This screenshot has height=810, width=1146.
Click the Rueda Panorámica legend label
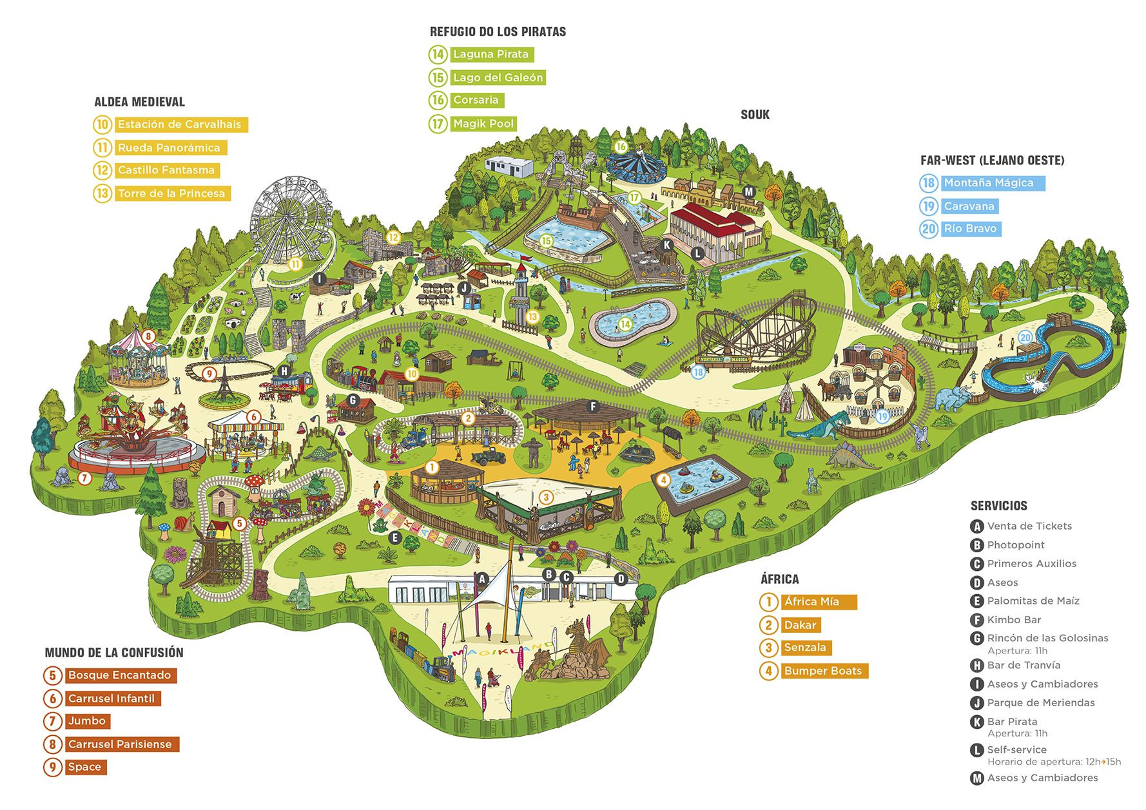tap(169, 148)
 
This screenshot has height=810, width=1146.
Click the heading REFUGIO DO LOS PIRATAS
tap(498, 32)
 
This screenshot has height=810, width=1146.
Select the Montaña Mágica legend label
tap(989, 183)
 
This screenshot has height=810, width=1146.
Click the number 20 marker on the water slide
tap(1025, 338)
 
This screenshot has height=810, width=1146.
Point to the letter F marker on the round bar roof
tap(593, 407)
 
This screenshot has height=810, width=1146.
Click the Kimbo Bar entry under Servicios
tap(1014, 620)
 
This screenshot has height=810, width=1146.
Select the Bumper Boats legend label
tap(822, 671)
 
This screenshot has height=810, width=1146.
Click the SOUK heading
tap(755, 115)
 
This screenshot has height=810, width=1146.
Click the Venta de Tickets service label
tap(1029, 526)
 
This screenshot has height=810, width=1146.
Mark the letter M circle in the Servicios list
tap(977, 778)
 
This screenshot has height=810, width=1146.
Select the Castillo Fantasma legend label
tap(166, 170)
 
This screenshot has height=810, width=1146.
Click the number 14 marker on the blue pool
tap(625, 324)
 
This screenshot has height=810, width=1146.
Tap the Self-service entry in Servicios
tap(1017, 749)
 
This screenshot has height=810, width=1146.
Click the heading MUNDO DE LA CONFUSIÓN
tap(114, 653)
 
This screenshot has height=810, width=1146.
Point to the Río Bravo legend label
tap(970, 229)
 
